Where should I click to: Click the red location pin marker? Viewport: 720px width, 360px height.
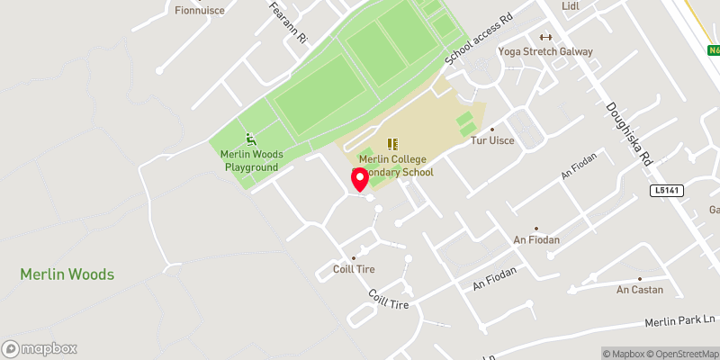click(x=360, y=179)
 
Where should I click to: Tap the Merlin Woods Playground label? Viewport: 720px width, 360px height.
click(x=252, y=160)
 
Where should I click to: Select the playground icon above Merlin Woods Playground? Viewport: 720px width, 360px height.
click(x=252, y=139)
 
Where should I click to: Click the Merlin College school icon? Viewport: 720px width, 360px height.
click(x=391, y=144)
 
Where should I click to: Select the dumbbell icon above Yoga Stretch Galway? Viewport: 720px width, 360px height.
click(x=544, y=37)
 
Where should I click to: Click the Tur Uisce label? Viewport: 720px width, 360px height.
click(x=491, y=142)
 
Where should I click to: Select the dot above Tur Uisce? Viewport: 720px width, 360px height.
click(x=491, y=129)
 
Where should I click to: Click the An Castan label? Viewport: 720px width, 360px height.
click(x=640, y=290)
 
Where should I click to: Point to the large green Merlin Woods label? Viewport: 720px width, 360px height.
click(x=67, y=274)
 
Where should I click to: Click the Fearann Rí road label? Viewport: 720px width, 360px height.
click(x=289, y=22)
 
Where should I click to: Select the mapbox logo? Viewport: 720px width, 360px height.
click(x=40, y=348)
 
